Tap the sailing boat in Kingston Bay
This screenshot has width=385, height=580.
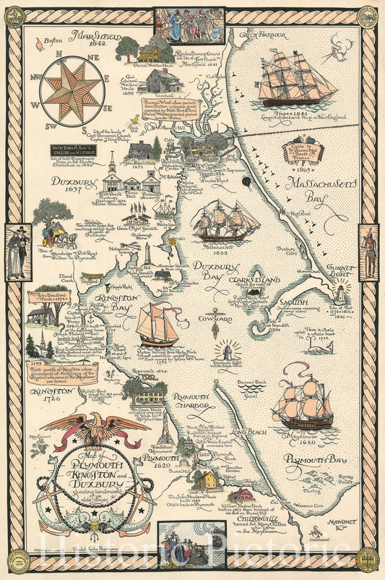(157, 324)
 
